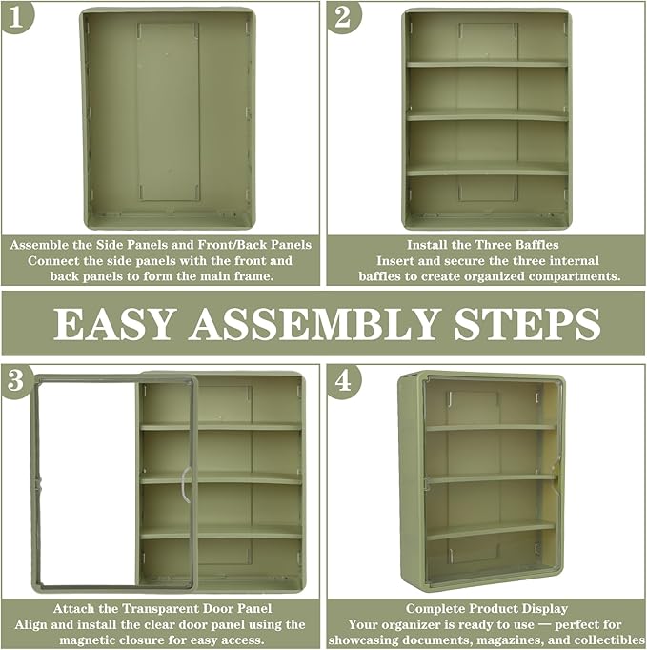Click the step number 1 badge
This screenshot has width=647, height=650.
click(x=16, y=16)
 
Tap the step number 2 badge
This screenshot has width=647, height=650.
click(x=343, y=16)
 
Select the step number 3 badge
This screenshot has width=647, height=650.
click(x=16, y=380)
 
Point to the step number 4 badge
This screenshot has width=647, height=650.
click(x=343, y=380)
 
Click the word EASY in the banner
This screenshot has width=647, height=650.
click(x=112, y=324)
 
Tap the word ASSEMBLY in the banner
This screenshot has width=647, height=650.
click(x=313, y=324)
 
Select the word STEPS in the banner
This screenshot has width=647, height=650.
click(x=527, y=324)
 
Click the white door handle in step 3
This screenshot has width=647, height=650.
click(x=186, y=484)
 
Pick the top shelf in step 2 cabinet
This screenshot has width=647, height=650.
click(x=487, y=64)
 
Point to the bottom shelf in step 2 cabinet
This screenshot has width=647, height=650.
click(x=487, y=169)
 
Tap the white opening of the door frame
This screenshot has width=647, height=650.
click(x=88, y=483)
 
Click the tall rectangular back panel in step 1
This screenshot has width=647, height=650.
click(x=169, y=112)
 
